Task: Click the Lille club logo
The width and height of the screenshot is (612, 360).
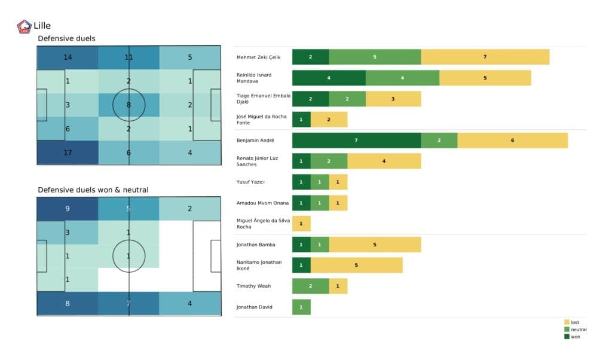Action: point(25,26)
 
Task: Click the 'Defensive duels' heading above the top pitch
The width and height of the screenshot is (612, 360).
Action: point(66,39)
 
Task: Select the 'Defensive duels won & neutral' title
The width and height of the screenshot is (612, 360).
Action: point(93,190)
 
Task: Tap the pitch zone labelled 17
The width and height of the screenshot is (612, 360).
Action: point(67,152)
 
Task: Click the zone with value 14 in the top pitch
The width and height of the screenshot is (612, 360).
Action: point(67,57)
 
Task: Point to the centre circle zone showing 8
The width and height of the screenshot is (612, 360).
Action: point(129,105)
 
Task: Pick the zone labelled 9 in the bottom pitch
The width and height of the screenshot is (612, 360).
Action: point(67,209)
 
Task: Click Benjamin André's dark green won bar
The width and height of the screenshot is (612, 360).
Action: point(356,141)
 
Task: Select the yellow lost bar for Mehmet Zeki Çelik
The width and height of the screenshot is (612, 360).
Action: point(485,57)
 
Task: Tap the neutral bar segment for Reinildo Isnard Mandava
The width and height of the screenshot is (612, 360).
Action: point(402,78)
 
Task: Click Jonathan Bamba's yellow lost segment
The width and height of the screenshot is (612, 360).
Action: point(375,245)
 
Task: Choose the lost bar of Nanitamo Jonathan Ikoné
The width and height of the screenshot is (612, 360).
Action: point(356,265)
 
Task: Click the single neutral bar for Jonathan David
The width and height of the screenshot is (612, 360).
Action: point(301,307)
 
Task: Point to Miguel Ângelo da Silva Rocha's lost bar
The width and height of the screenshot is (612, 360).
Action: point(301,224)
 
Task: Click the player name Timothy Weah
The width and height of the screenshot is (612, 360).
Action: point(253,286)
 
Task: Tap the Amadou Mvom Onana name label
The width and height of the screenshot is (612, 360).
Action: point(262,203)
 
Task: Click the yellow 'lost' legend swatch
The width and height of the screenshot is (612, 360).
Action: point(567,322)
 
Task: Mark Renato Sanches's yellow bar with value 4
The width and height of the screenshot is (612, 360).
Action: point(384,161)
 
